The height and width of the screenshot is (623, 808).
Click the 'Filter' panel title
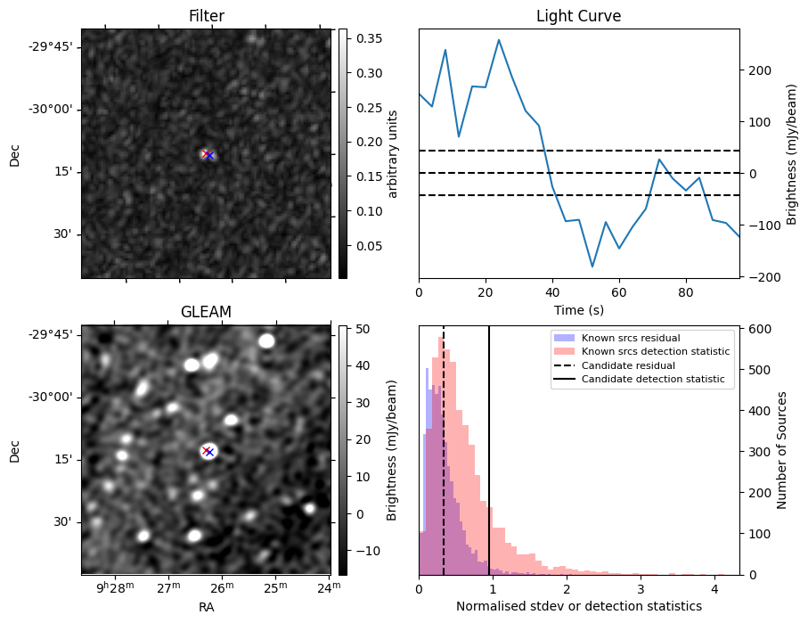click(x=206, y=16)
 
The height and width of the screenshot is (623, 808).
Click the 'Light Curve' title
click(x=578, y=16)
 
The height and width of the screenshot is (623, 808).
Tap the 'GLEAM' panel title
click(x=206, y=312)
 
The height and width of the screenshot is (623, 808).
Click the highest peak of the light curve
click(x=499, y=40)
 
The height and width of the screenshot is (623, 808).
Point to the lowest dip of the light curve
click(x=592, y=266)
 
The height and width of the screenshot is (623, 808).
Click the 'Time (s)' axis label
click(x=578, y=308)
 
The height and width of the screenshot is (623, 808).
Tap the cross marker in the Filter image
click(x=208, y=155)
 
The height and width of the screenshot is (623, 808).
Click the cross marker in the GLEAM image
click(x=208, y=451)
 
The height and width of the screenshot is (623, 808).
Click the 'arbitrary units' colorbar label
click(x=393, y=153)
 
